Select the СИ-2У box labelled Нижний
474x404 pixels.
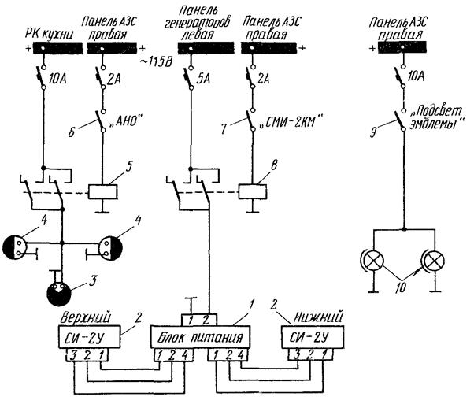point(315,338)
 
